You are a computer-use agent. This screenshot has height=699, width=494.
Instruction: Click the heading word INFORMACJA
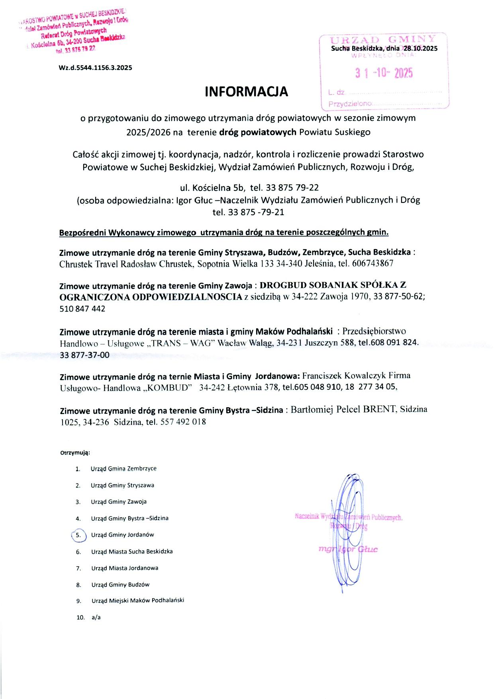click(x=246, y=92)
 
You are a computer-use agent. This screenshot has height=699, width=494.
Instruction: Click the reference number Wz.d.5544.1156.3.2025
click(x=95, y=68)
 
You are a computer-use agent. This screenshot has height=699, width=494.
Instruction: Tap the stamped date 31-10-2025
click(x=384, y=73)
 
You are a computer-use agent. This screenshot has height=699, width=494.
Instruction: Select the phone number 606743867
click(x=372, y=263)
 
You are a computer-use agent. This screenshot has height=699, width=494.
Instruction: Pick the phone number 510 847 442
click(x=82, y=309)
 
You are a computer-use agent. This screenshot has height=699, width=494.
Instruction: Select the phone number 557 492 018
click(x=183, y=422)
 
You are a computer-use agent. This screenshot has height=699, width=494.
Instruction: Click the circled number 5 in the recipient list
click(x=78, y=535)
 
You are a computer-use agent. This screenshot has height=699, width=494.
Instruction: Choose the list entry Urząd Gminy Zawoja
click(x=119, y=502)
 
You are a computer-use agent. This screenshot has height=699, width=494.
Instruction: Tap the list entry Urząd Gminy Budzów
click(x=120, y=585)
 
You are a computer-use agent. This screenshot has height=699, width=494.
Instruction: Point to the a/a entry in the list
click(x=96, y=617)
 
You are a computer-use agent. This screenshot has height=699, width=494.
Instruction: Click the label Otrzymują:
click(x=75, y=453)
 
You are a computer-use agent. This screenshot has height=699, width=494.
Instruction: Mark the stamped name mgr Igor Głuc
click(x=348, y=549)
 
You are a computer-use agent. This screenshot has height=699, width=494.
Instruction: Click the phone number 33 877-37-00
click(x=84, y=355)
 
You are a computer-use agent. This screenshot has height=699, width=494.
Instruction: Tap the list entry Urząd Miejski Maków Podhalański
click(x=138, y=601)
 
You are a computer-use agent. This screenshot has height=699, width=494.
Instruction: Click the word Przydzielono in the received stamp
click(x=350, y=104)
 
